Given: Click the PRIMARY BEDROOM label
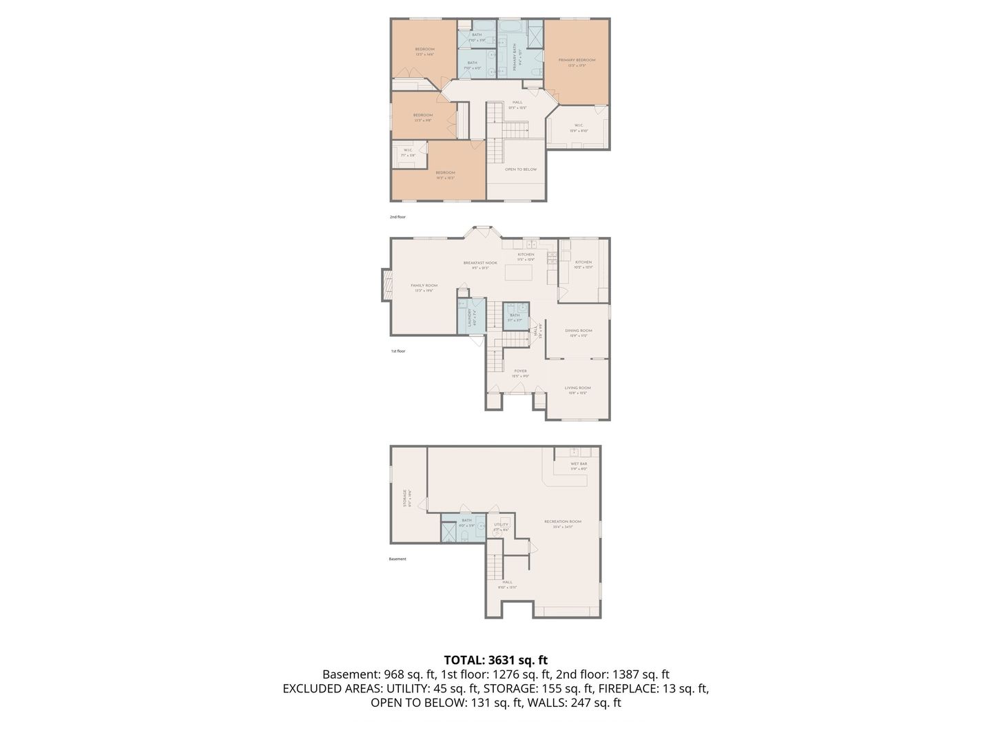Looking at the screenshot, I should pyautogui.click(x=577, y=61).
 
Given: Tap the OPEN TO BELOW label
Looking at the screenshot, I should pyautogui.click(x=520, y=169).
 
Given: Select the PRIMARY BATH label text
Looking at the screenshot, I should pyautogui.click(x=514, y=57).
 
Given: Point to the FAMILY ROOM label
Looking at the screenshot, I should pyautogui.click(x=424, y=286).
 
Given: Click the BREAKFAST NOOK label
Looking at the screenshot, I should pyautogui.click(x=479, y=263).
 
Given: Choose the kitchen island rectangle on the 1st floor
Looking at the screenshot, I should pyautogui.click(x=519, y=272).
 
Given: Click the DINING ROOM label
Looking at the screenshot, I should pyautogui.click(x=578, y=331).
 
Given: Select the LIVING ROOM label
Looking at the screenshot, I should pyautogui.click(x=577, y=389).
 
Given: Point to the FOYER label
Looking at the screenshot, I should pyautogui.click(x=520, y=371).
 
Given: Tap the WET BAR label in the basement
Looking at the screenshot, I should pyautogui.click(x=579, y=464).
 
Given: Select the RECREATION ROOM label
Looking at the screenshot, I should pyautogui.click(x=562, y=522).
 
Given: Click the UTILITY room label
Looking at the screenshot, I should pyautogui.click(x=501, y=525).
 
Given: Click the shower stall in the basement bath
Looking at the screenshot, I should pyautogui.click(x=448, y=534).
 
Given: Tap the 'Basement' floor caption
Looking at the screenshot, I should pyautogui.click(x=397, y=559).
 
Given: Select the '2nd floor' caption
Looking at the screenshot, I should pyautogui.click(x=397, y=217).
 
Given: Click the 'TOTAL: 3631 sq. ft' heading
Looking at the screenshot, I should pyautogui.click(x=495, y=660).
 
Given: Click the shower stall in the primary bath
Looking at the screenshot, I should pyautogui.click(x=535, y=33).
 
